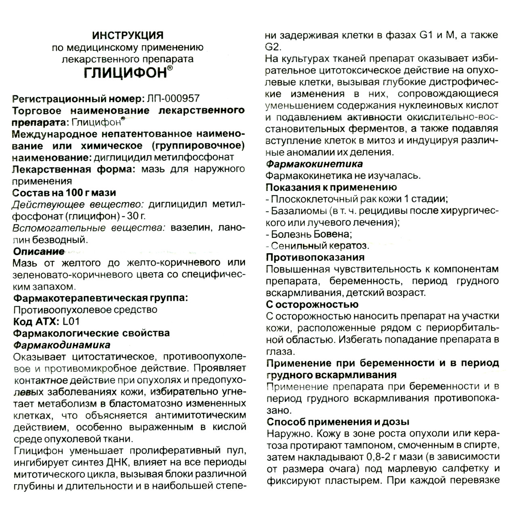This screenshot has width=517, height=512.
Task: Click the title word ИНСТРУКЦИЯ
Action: click(128, 35)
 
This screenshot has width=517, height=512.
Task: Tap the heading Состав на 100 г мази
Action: click(65, 193)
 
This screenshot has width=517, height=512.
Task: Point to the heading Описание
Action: click(38, 252)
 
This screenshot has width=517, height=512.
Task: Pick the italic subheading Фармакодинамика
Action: click(61, 345)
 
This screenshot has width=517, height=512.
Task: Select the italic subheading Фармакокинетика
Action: click(314, 164)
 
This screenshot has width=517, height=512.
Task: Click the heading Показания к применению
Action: click(331, 187)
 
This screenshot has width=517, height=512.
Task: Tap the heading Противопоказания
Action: click(315, 257)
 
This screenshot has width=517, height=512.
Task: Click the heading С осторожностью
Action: click(312, 304)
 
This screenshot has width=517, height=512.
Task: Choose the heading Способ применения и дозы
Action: click(338, 422)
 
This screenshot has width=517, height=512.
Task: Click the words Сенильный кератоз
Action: click(319, 246)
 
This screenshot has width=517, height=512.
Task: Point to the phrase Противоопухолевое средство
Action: click(85, 310)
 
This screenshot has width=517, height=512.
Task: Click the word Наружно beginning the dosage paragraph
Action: click(288, 434)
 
